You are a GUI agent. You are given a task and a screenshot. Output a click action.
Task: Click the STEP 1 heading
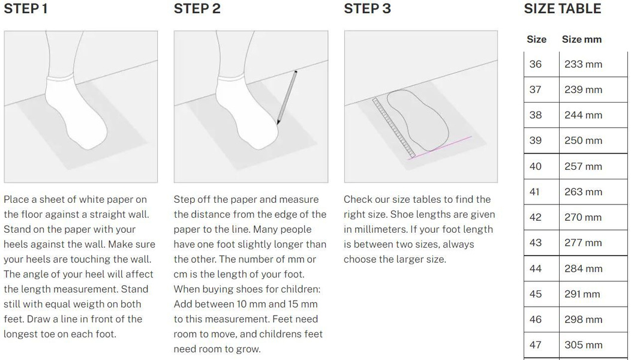[x=26, y=8]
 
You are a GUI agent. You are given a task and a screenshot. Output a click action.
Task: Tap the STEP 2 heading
[x=197, y=8]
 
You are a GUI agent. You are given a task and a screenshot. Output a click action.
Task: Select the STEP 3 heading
[x=368, y=8]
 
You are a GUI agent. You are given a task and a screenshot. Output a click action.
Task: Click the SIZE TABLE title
[x=562, y=8]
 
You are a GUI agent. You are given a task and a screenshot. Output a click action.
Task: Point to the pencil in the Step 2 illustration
[x=287, y=97]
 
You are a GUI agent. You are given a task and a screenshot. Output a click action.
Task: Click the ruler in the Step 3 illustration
[x=394, y=128]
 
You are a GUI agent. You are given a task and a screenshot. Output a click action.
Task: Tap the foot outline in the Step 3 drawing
[x=417, y=120]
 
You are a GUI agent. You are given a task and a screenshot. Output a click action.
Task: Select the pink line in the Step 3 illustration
[x=440, y=148]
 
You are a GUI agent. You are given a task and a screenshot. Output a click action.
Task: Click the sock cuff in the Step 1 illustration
[x=60, y=77]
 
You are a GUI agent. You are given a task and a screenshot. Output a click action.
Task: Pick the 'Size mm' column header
[x=581, y=40]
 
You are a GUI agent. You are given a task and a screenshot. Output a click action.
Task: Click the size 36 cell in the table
[x=535, y=64]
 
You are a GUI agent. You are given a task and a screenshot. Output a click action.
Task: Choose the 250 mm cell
[x=583, y=140]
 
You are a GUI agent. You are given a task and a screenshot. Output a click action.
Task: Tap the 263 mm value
[x=583, y=191]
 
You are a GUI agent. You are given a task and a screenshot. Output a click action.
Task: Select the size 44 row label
[x=535, y=269]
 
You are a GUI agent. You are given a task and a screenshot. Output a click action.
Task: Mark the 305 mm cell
[x=583, y=345]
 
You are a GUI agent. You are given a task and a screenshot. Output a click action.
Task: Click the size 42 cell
[x=535, y=217]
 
